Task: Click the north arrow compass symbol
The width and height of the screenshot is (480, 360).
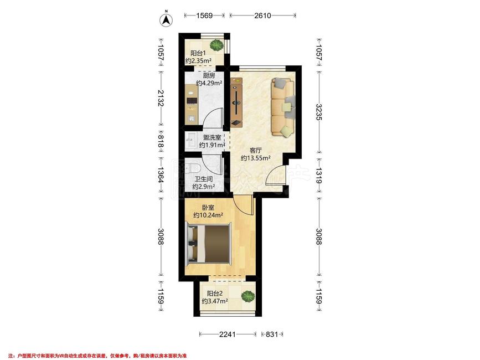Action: pos(166,19)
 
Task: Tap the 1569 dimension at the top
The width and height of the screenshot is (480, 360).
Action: pos(204,16)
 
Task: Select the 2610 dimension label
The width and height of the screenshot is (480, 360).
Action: pos(262,16)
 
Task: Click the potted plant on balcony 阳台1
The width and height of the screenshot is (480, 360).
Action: pos(218,45)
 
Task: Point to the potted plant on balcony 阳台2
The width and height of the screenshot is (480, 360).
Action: pos(247,296)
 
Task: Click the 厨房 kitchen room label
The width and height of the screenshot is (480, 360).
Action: pos(209,76)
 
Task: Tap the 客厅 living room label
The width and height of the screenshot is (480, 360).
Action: pos(256,150)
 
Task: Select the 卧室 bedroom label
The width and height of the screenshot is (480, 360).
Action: pos(208,207)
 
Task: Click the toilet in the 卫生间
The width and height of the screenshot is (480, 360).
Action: pos(194,168)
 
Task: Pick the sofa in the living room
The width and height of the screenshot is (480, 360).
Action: pos(283,107)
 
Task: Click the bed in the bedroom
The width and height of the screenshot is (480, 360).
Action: pos(209,244)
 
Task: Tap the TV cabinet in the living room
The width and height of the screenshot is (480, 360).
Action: pos(236,102)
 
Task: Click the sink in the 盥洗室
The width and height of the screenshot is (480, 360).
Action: pos(190,141)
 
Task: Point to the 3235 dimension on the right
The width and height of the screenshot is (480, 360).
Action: pos(319,112)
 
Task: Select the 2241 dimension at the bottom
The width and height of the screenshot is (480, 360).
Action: pos(228,335)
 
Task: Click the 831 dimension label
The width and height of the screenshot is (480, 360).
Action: pos(271,335)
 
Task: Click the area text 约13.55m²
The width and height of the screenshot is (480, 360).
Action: pos(256,158)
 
